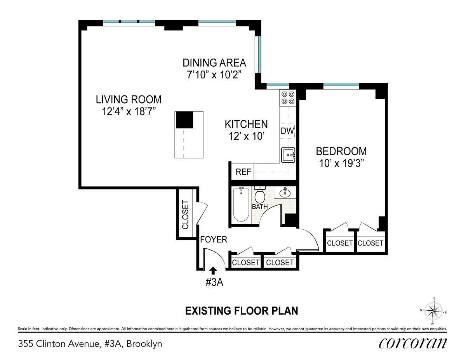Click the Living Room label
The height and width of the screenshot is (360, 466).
tap(129, 100)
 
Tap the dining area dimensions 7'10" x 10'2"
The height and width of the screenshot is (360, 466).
tap(214, 75)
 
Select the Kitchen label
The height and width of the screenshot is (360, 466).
tap(246, 124)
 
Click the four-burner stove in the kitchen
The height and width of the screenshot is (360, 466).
tap(288, 97)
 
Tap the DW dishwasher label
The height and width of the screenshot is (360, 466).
tap(287, 131)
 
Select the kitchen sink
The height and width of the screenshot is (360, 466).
tap(288, 155)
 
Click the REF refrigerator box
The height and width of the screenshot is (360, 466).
tap(243, 172)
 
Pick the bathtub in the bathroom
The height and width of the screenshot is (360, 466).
tap(241, 204)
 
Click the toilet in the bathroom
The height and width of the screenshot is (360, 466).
tap(260, 194)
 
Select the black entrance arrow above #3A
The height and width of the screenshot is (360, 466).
tap(213, 270)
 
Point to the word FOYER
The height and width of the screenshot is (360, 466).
tap(214, 240)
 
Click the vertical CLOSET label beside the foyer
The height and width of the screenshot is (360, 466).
tap(185, 215)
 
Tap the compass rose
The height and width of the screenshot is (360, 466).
tap(433, 311)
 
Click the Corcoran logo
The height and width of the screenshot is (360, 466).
tap(413, 343)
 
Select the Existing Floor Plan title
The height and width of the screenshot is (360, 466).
tap(241, 311)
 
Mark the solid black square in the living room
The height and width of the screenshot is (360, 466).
tap(185, 119)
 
